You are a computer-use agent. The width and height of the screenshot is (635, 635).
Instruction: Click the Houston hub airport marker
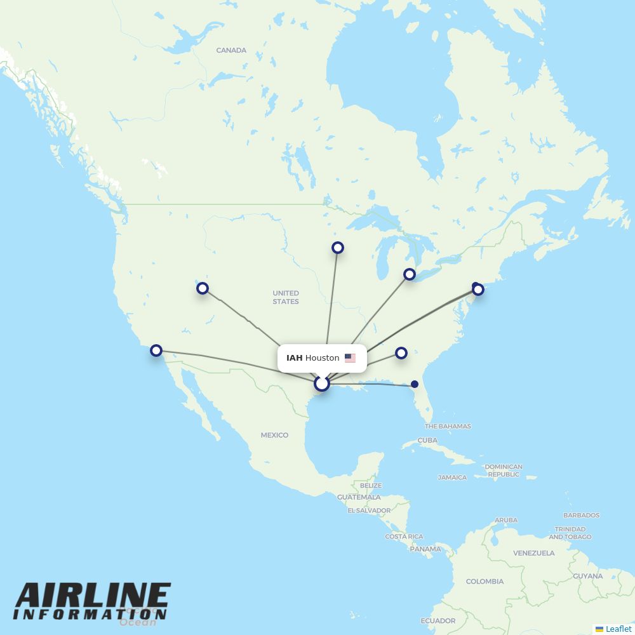coord(322,384)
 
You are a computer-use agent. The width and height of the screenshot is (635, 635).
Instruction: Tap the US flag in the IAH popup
coord(350,358)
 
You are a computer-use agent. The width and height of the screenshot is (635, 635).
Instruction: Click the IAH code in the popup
coord(294,358)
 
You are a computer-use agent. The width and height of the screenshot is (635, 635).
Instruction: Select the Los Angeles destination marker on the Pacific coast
coord(156,351)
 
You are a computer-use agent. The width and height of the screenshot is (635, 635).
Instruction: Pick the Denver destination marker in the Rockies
coord(202,288)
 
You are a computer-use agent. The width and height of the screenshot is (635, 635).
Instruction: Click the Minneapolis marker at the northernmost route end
coord(338,248)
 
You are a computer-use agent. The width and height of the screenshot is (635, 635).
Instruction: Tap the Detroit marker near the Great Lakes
coord(410,274)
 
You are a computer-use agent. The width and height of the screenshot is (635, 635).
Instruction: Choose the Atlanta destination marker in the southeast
coord(401,353)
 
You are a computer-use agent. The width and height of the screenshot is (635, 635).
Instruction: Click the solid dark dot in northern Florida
coord(415,384)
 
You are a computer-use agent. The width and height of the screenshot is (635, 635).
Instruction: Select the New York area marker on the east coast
coord(478,290)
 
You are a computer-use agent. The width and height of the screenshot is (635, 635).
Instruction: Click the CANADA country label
coord(231,50)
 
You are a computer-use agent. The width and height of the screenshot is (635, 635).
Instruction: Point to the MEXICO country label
coord(274,435)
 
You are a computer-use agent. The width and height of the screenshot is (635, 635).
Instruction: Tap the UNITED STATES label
coord(286,297)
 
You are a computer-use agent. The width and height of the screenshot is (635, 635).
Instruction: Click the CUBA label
coord(427,440)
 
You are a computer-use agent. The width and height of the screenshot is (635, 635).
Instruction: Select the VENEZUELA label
coord(533,553)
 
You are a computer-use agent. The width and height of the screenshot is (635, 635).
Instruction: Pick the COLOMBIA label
coord(485,581)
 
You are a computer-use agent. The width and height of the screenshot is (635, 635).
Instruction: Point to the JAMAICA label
coord(452,478)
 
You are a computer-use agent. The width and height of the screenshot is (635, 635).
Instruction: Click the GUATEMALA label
coord(359,497)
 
